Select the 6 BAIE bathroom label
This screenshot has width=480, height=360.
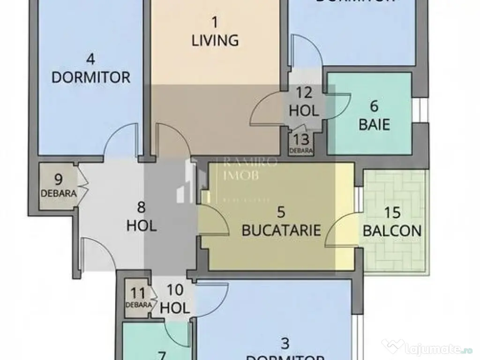pyautogui.click(x=374, y=116)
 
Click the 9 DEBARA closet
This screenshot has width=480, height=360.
pyautogui.click(x=58, y=185)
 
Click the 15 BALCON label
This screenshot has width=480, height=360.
pyautogui.click(x=392, y=222)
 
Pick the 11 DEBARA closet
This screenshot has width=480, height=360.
pyautogui.click(x=138, y=298)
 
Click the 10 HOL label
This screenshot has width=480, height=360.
pyautogui.click(x=175, y=299)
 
